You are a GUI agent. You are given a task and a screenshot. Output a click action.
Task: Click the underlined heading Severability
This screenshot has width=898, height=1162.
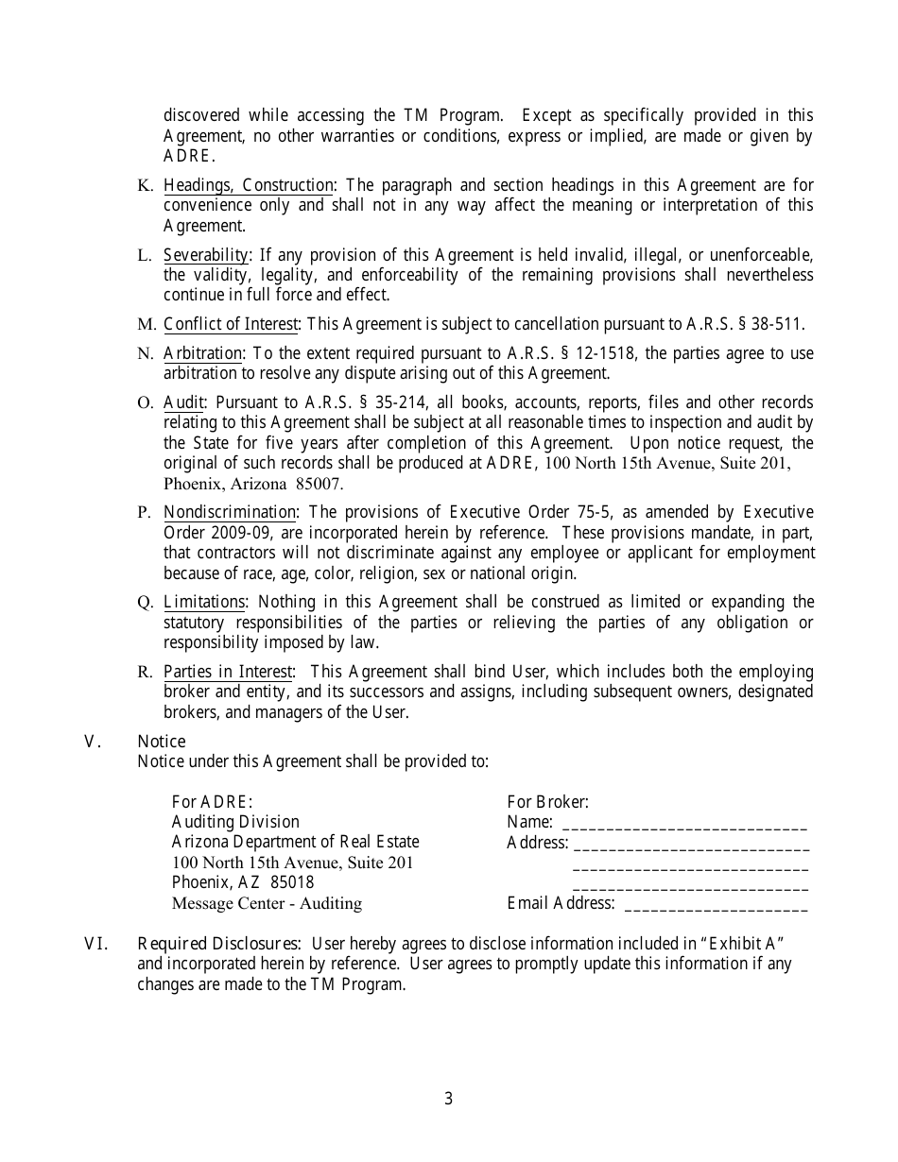coord(206,255)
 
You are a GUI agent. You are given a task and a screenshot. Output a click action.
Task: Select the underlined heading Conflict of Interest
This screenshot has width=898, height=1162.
coord(231,325)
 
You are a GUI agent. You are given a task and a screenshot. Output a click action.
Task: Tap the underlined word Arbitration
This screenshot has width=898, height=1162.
coord(203,354)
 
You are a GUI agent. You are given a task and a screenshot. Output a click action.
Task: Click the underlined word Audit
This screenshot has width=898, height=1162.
coord(183,402)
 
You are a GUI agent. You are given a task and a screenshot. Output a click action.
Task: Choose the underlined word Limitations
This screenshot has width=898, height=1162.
coord(204,602)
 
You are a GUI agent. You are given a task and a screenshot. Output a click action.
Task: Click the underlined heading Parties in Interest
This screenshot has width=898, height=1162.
coord(228,672)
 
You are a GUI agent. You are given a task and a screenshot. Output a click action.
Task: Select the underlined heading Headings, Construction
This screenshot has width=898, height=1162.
coord(249,185)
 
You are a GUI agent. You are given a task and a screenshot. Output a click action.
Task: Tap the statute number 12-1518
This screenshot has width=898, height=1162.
coord(603,354)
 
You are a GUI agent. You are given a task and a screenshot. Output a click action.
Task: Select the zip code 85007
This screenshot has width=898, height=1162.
coord(319,484)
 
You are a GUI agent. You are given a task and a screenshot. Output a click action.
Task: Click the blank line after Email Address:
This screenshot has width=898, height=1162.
coord(717,905)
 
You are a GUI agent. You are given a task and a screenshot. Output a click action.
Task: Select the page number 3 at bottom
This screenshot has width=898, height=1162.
coord(449,1099)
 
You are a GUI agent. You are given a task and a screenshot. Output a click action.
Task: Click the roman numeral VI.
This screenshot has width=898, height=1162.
coord(97,943)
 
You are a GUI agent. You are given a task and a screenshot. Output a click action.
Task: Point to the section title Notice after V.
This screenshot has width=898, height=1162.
coord(162,742)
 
